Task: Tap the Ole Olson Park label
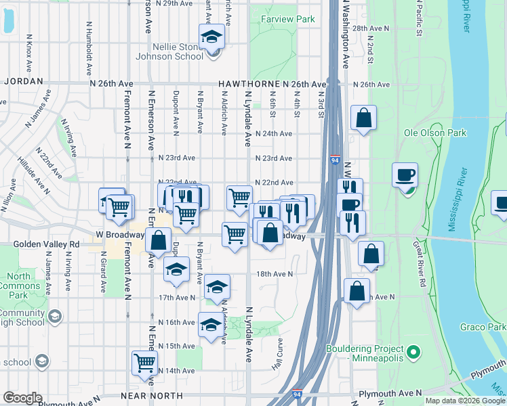coord(435,133)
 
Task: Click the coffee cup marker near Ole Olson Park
coord(405,175)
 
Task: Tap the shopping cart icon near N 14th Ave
coord(144,363)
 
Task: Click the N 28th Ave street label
coord(371,28)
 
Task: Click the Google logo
coord(22,398)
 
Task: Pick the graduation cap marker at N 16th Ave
coord(211,324)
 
